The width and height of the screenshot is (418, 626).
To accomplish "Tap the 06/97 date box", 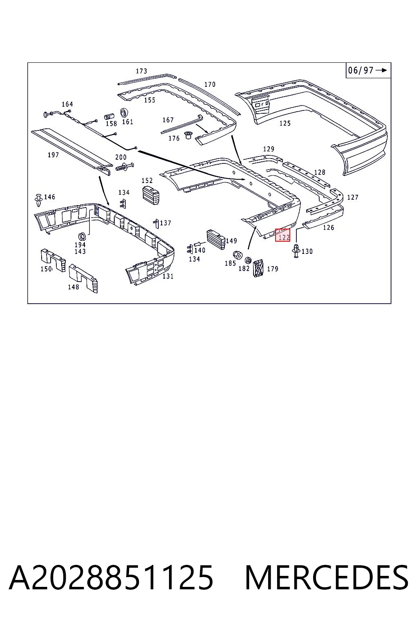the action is (368, 70).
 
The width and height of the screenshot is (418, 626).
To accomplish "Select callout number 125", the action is (285, 123).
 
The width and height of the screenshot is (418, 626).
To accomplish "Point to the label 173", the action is (141, 71).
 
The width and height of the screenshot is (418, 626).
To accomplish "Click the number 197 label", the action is (53, 155).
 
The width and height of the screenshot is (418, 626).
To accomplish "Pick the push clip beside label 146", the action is (38, 200).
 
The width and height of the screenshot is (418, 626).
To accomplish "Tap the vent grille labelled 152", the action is (151, 194).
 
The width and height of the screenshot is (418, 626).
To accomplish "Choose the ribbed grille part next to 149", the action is (216, 239).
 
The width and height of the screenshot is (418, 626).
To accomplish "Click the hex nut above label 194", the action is (82, 236).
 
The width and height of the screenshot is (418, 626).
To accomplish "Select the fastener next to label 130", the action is (296, 250).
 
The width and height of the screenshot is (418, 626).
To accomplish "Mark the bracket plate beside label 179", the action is (258, 268).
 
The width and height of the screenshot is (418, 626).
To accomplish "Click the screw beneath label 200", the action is (125, 167).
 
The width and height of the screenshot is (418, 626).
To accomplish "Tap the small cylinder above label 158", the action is (109, 116).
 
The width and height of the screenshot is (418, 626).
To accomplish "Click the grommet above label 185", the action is (238, 255).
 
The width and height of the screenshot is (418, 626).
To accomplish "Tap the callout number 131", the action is (168, 276).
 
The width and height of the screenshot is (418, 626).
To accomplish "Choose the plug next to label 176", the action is (188, 136).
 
